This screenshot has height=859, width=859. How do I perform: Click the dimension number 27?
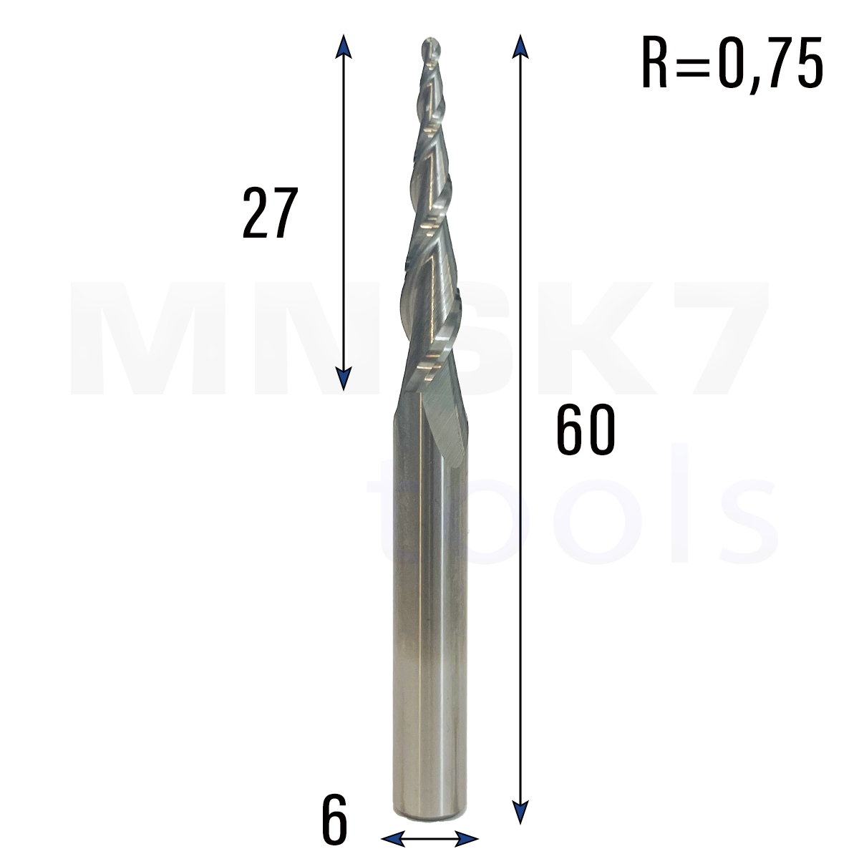coord(270,213)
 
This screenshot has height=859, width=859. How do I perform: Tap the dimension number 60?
coord(586,429)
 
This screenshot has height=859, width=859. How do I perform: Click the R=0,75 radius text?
coord(732,63)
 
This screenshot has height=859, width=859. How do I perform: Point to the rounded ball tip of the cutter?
coord(431,49)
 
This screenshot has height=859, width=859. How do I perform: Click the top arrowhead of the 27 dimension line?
coord(344,47)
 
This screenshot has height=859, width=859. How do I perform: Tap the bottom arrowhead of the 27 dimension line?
coord(344,379)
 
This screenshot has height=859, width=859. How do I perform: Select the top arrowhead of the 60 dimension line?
coord(520,47)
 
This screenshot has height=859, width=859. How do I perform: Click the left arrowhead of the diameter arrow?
coord(393,839)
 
